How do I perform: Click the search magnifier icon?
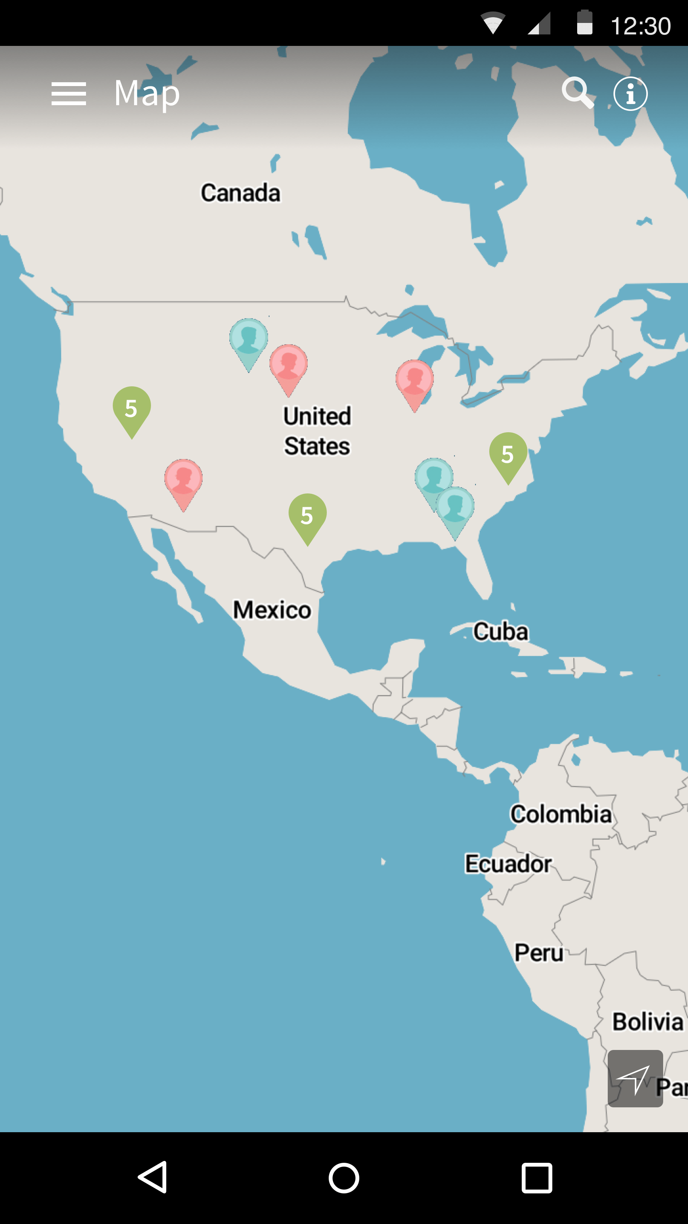[578, 93]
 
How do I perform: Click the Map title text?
[147, 93]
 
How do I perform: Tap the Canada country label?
[240, 193]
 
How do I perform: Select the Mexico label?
[272, 610]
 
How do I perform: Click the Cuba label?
[500, 632]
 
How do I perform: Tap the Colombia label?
[561, 814]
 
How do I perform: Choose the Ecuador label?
[508, 863]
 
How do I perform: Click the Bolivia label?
[647, 1021]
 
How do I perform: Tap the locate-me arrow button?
[635, 1078]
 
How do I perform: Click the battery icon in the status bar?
[584, 23]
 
